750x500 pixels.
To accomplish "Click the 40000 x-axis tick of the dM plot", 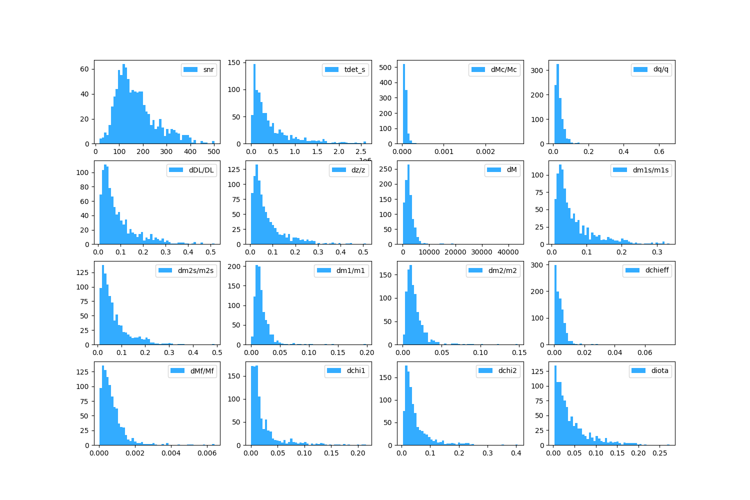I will [508, 252].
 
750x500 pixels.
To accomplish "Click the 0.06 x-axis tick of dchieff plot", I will [645, 353].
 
